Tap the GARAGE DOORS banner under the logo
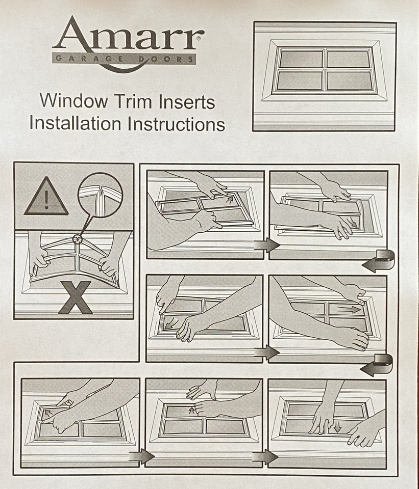[124, 59]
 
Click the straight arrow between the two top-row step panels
[266, 246]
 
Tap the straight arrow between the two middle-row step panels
[266, 352]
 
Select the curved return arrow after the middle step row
[378, 366]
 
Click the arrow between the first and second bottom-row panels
[142, 456]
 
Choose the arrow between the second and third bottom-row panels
[265, 456]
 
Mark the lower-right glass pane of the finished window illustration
[349, 80]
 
